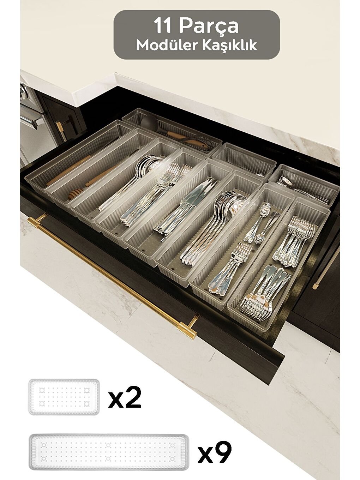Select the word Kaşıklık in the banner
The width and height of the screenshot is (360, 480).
[228, 45]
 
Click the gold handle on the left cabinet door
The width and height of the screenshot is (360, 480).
[61, 129]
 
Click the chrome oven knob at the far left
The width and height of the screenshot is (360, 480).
[23, 92]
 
